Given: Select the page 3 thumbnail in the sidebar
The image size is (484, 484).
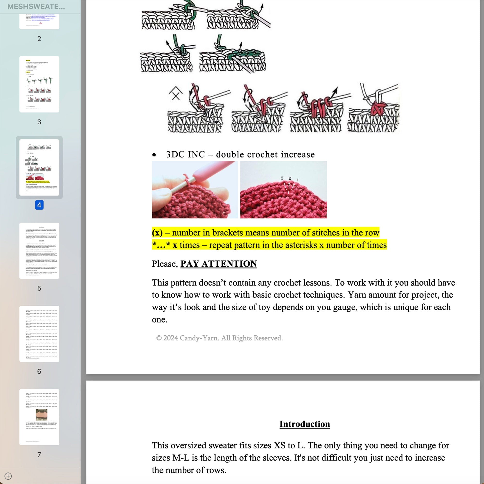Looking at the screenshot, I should point(39,84).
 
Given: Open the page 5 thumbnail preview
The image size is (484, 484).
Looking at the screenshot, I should point(39,250).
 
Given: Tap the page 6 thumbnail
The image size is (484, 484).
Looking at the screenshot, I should point(39,334).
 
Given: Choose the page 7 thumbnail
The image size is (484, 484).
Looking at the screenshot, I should point(39,417).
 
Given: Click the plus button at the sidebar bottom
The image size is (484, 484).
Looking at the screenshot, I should point(8,476).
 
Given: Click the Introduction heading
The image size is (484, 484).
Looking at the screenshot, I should point(304,424).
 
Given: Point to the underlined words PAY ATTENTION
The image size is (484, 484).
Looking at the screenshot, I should point(219,264).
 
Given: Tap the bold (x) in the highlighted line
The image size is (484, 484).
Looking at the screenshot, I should point(157,233).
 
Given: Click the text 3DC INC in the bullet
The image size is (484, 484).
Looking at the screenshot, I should point(185,154).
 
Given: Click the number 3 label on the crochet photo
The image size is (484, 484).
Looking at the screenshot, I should point(282,178).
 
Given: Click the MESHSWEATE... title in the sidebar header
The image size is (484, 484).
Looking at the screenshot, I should point(36,7).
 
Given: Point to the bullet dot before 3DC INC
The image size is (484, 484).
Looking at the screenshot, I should point(154,155).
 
